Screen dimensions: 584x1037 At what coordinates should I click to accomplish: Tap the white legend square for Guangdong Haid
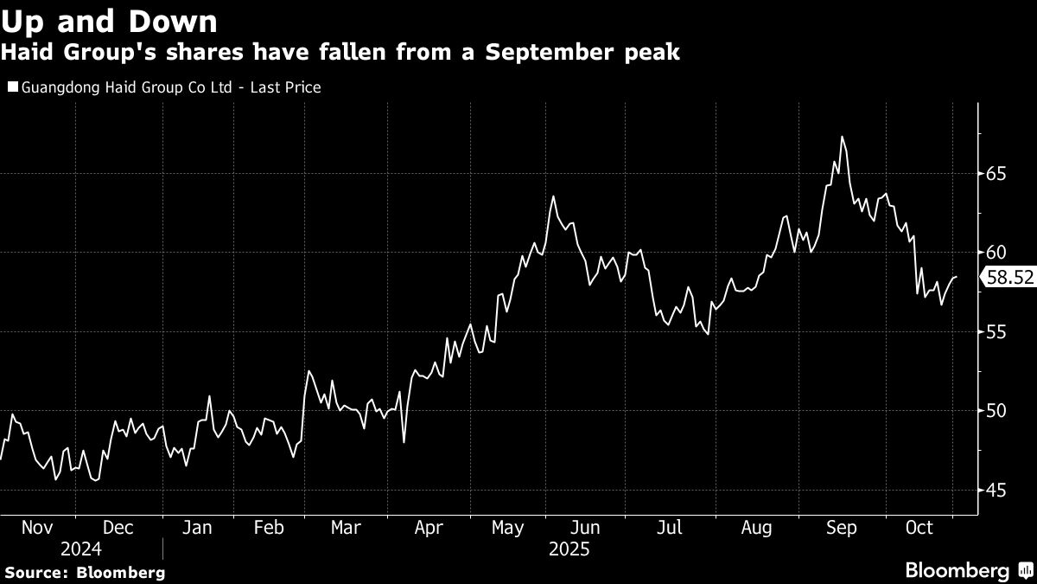(12, 87)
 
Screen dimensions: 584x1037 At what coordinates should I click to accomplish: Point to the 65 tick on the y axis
(995, 174)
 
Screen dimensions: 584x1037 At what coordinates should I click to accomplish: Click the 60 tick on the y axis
(995, 253)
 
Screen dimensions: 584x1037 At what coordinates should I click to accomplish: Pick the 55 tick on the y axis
(995, 331)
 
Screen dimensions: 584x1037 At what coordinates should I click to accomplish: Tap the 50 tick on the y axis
(995, 410)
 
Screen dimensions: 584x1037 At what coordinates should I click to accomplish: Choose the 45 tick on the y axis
(995, 490)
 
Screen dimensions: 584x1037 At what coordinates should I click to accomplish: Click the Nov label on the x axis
(38, 527)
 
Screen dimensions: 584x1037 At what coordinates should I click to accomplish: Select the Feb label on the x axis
(270, 527)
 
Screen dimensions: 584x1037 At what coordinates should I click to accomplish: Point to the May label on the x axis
(507, 527)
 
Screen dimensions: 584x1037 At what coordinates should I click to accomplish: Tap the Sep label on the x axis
(841, 527)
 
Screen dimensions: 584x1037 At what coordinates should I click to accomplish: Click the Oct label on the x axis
(917, 527)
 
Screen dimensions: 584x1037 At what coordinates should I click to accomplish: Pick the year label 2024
(80, 549)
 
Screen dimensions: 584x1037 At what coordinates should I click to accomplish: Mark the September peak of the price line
(842, 137)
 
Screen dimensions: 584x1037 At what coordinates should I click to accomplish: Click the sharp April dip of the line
(404, 442)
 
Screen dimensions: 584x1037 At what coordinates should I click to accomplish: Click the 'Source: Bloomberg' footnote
(85, 572)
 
